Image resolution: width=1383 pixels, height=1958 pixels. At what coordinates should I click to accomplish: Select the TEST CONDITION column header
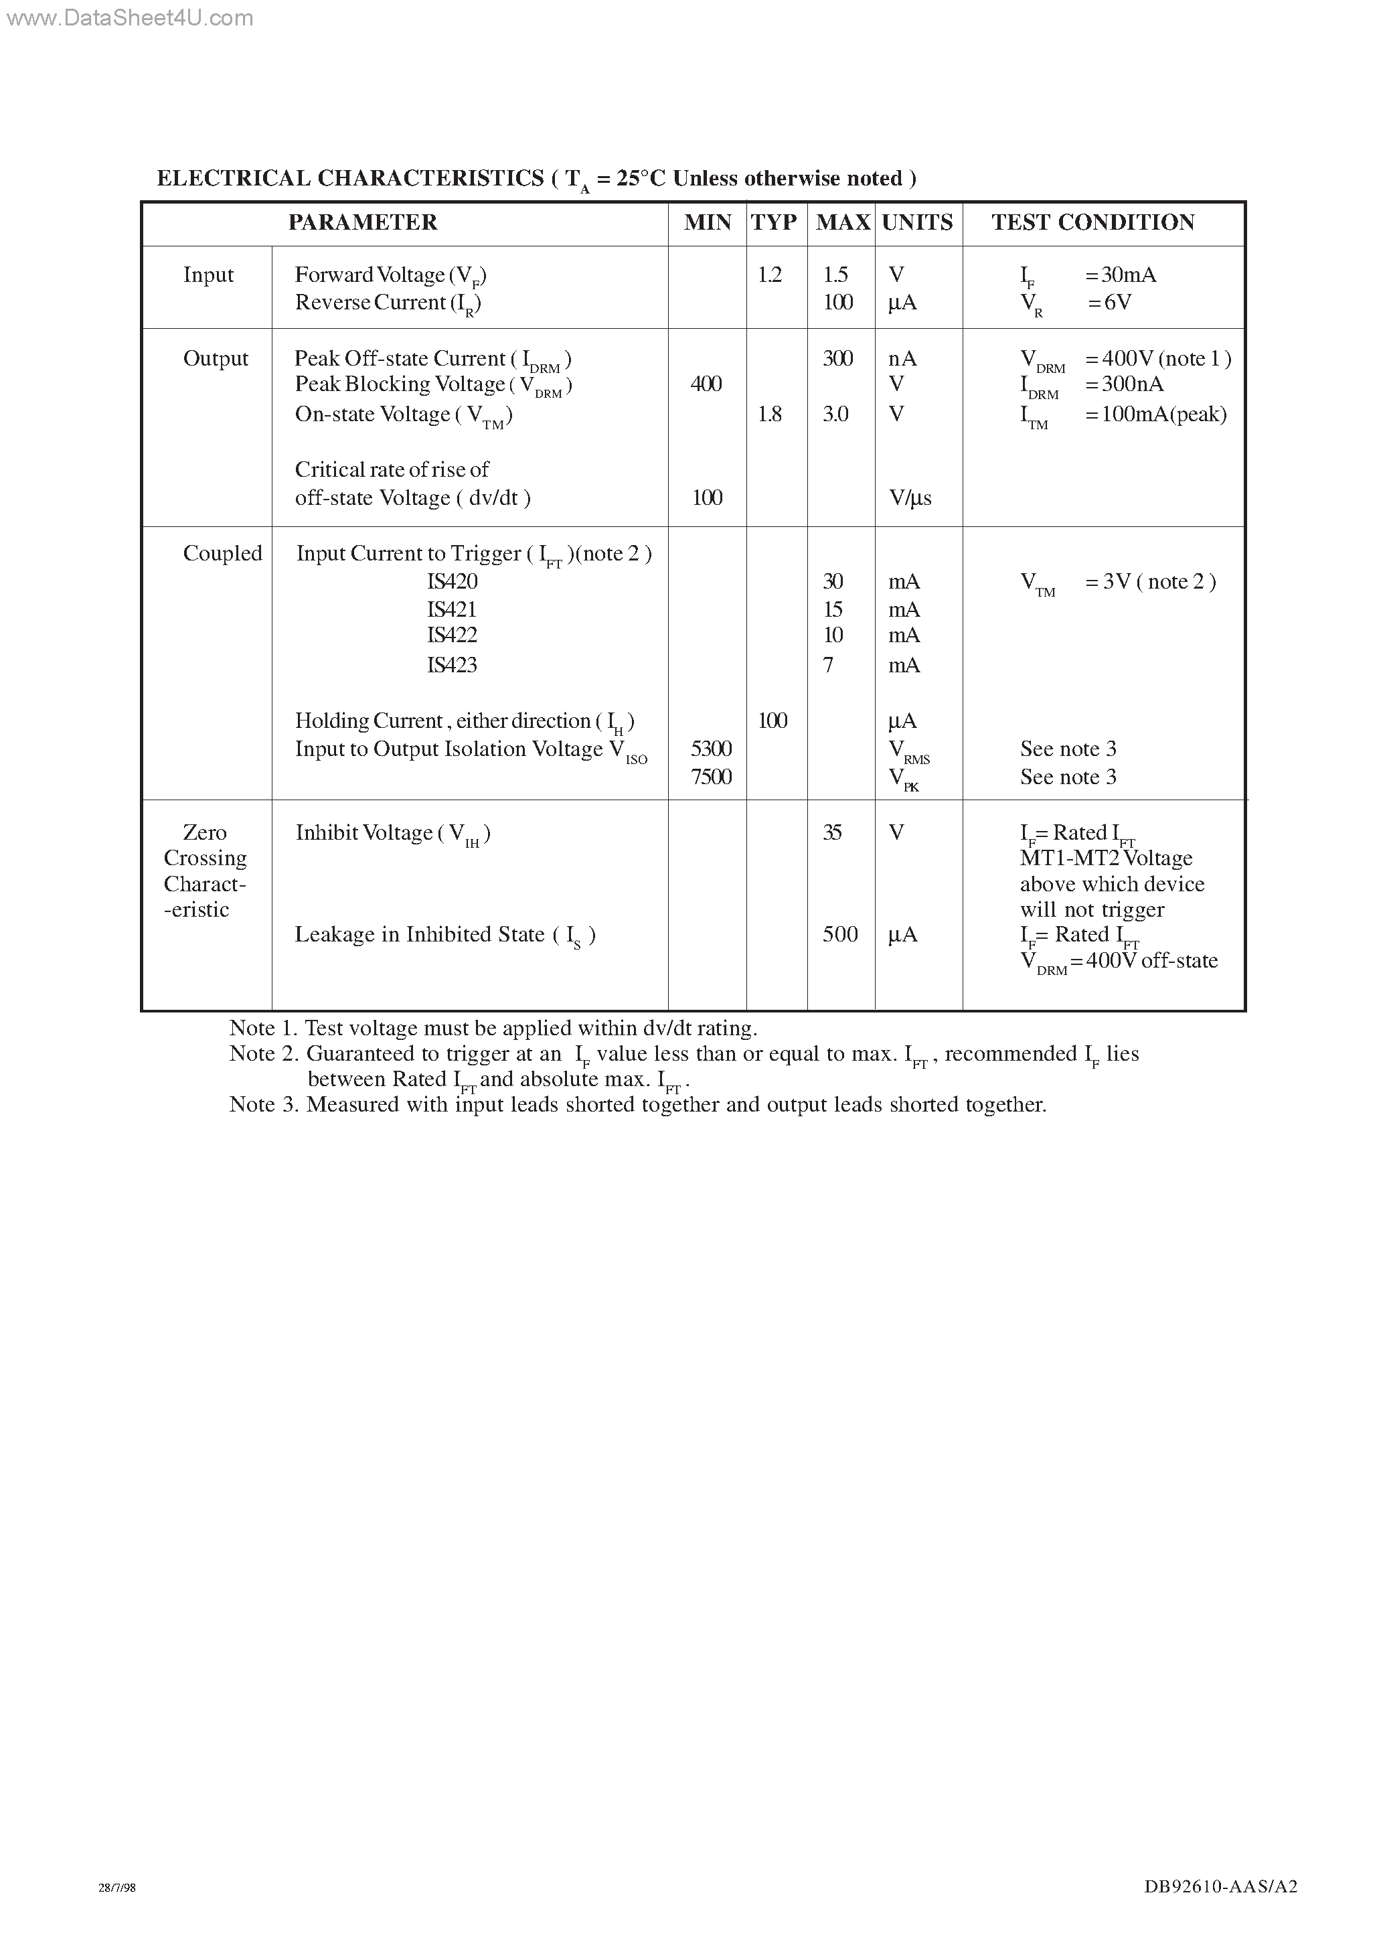tap(1092, 222)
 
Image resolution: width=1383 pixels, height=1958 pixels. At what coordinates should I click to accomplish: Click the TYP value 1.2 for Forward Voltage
tap(769, 275)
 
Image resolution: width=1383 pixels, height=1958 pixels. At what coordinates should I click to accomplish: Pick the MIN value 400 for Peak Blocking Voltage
tap(706, 384)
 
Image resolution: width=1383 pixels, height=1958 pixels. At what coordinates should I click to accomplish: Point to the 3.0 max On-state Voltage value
tap(835, 415)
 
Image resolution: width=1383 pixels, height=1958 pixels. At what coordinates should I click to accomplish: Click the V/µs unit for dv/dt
tap(910, 498)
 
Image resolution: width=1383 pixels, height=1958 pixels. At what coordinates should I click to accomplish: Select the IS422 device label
tap(452, 635)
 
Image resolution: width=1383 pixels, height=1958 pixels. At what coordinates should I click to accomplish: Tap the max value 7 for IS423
tap(828, 665)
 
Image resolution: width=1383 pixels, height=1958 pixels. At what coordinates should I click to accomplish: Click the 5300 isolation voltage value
tap(711, 749)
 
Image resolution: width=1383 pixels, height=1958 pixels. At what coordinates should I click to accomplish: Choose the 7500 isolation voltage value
tap(711, 777)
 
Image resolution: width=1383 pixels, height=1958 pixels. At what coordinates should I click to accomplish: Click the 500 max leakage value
tap(840, 935)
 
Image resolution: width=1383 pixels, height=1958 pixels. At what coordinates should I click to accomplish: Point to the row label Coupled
tap(222, 554)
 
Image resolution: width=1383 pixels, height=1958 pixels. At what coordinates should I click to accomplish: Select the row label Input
tap(208, 275)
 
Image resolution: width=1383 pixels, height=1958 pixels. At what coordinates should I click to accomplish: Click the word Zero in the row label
tap(205, 832)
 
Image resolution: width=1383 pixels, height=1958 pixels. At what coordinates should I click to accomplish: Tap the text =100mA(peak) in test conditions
tap(1156, 415)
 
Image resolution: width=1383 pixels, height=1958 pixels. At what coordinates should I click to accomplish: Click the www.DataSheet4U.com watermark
tap(129, 18)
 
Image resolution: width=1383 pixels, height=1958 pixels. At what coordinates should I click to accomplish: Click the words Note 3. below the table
tap(264, 1105)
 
